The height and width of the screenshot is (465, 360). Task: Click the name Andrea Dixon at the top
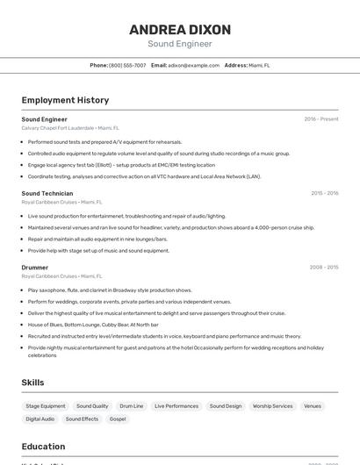click(179, 29)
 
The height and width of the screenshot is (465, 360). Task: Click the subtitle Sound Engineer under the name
click(179, 44)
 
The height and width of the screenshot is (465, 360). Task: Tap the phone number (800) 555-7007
click(127, 65)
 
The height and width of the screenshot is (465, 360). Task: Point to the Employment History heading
click(65, 100)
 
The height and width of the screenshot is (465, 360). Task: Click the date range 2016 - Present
click(321, 118)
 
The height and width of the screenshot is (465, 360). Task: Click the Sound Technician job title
click(47, 193)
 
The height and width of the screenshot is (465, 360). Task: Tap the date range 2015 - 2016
click(324, 193)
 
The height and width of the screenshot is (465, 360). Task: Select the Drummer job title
click(35, 267)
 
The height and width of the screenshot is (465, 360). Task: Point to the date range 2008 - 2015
click(324, 267)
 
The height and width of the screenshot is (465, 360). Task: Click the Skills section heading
click(33, 383)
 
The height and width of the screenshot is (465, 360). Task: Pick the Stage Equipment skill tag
click(46, 406)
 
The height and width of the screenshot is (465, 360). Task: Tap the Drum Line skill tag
click(132, 406)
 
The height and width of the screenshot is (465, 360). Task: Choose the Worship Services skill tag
click(272, 406)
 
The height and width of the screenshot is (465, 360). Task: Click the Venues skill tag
click(313, 406)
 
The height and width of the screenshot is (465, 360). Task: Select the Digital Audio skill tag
click(40, 419)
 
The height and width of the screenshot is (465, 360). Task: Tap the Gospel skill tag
click(118, 419)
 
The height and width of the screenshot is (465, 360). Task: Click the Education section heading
click(43, 447)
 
